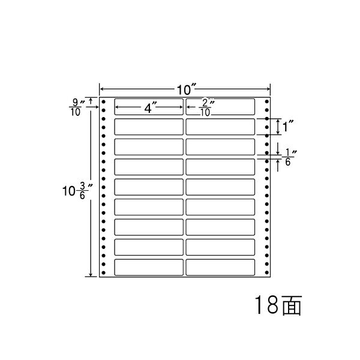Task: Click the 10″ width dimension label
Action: click(187, 89)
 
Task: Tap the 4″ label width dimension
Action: click(150, 107)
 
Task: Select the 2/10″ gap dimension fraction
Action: click(206, 107)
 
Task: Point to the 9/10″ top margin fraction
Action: click(77, 107)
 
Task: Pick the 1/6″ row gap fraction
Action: click(289, 157)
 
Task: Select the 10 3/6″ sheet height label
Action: click(77, 191)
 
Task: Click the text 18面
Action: click(278, 305)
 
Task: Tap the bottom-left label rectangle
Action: click(149, 267)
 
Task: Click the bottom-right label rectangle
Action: click(220, 267)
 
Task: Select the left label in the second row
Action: click(149, 127)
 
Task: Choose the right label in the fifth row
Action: click(220, 187)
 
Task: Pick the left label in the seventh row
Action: click(149, 227)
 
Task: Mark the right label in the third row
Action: click(220, 147)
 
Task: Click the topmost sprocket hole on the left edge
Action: click(103, 102)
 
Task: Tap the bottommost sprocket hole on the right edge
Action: click(266, 272)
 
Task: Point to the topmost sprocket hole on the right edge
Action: click(266, 101)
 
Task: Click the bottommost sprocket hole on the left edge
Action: click(103, 273)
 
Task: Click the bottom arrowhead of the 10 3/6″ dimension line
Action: click(91, 274)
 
